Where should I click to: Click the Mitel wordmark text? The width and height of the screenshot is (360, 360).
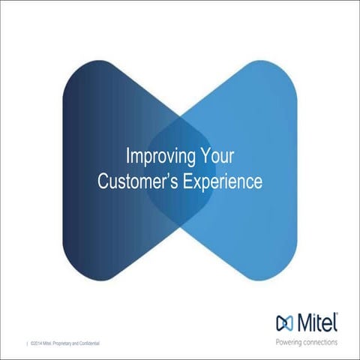pyautogui.click(x=316, y=324)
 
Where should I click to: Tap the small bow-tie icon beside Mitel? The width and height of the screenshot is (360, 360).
pyautogui.click(x=285, y=325)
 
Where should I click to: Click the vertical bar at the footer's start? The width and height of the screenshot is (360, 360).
pyautogui.click(x=27, y=343)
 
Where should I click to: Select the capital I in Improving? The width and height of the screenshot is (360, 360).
pyautogui.click(x=127, y=157)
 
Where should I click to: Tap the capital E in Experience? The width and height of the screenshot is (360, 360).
pyautogui.click(x=181, y=181)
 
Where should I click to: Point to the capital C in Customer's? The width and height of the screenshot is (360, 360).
pyautogui.click(x=105, y=181)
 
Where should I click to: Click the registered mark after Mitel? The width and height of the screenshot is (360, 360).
pyautogui.click(x=337, y=316)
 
